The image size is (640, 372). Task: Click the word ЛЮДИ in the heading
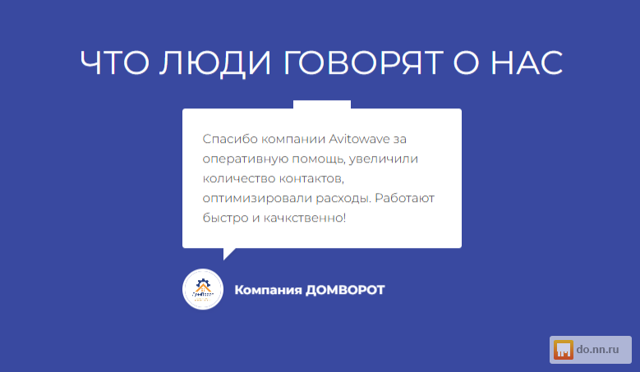tap(215, 62)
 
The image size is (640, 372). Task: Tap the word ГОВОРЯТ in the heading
tap(363, 62)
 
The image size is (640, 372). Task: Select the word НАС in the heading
tap(527, 62)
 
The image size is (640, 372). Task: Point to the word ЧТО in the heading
tap(115, 62)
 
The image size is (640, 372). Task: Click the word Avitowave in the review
tap(359, 139)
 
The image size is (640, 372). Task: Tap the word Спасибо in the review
tap(230, 139)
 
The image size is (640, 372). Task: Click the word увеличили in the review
tap(384, 158)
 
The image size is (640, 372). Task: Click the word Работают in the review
tap(404, 198)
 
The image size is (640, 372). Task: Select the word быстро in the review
tap(225, 218)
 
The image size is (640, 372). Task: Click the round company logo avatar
tap(203, 289)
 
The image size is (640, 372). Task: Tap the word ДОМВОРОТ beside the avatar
tap(345, 290)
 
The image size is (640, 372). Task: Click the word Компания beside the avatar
tap(268, 290)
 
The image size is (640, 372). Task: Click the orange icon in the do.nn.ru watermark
tap(564, 350)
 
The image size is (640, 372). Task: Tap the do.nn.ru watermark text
tap(597, 350)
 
